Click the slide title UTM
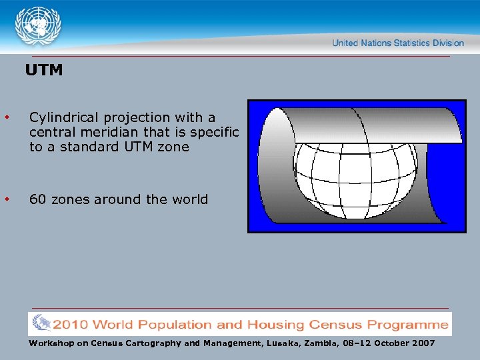44,70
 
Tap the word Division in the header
447,43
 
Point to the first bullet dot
7,118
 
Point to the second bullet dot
7,199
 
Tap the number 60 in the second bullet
38,199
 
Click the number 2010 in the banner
70,325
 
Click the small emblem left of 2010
41,324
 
